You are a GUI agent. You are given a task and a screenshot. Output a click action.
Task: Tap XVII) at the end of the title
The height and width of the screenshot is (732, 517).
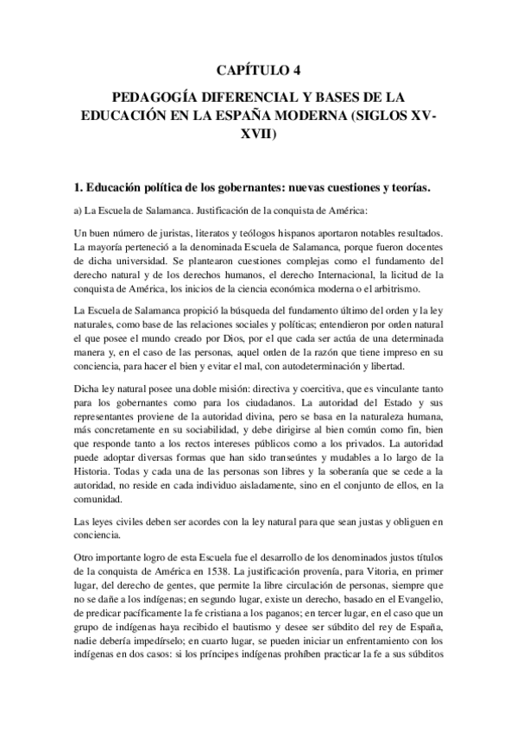coord(259,136)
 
